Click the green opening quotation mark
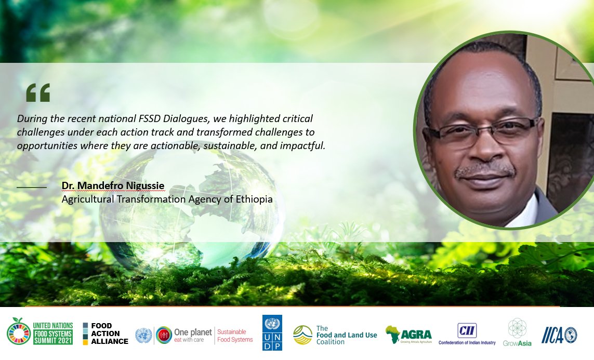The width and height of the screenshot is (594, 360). tap(38, 92)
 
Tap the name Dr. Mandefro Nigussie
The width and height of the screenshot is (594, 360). tap(113, 186)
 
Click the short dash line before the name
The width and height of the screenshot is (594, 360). tap(32, 186)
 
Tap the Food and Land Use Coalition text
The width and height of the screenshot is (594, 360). tap(346, 335)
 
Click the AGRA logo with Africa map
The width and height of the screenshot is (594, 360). tap(408, 335)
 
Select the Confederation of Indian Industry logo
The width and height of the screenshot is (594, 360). tap(467, 334)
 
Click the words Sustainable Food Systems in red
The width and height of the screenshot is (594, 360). tap(235, 336)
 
